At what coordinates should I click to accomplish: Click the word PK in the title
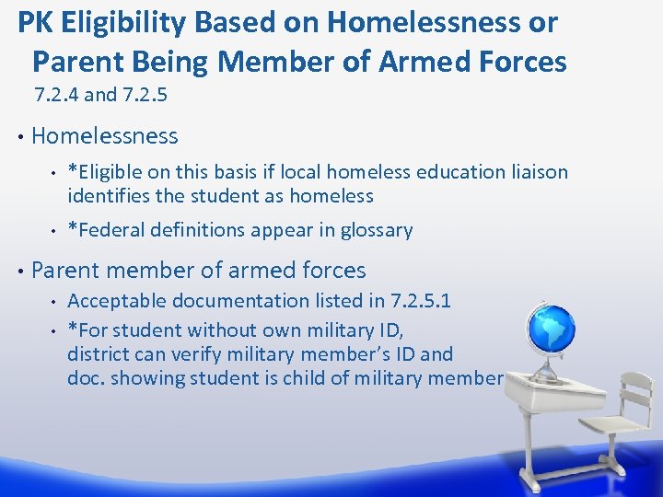click(35, 23)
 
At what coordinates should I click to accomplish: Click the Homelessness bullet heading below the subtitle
click(104, 136)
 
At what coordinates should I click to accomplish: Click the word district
click(97, 353)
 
